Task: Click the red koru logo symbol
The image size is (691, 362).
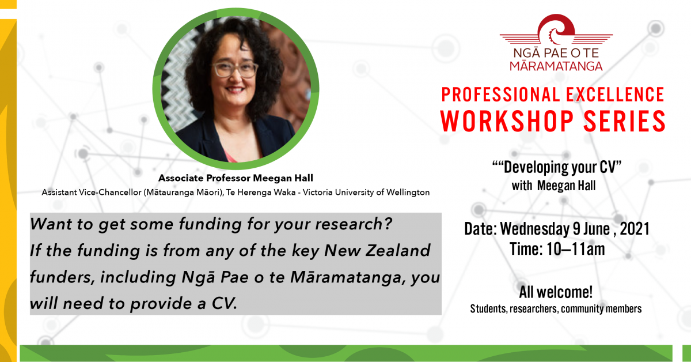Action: pyautogui.click(x=556, y=29)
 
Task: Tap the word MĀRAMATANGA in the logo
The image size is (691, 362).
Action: pyautogui.click(x=556, y=66)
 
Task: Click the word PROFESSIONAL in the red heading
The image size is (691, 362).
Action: pyautogui.click(x=500, y=95)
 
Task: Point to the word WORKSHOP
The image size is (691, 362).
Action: pyautogui.click(x=507, y=122)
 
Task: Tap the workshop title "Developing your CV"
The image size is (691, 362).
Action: pyautogui.click(x=557, y=168)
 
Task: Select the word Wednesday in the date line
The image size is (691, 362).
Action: pyautogui.click(x=535, y=229)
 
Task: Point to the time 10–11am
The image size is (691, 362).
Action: pyautogui.click(x=576, y=249)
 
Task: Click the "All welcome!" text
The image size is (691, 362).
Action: pyautogui.click(x=556, y=292)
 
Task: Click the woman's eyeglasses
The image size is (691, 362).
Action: pyautogui.click(x=235, y=70)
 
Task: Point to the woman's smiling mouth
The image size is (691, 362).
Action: pyautogui.click(x=235, y=90)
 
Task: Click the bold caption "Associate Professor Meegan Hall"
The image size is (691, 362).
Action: pyautogui.click(x=236, y=178)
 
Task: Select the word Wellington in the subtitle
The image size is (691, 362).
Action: pyautogui.click(x=408, y=193)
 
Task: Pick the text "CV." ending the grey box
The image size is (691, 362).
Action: pyautogui.click(x=224, y=303)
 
